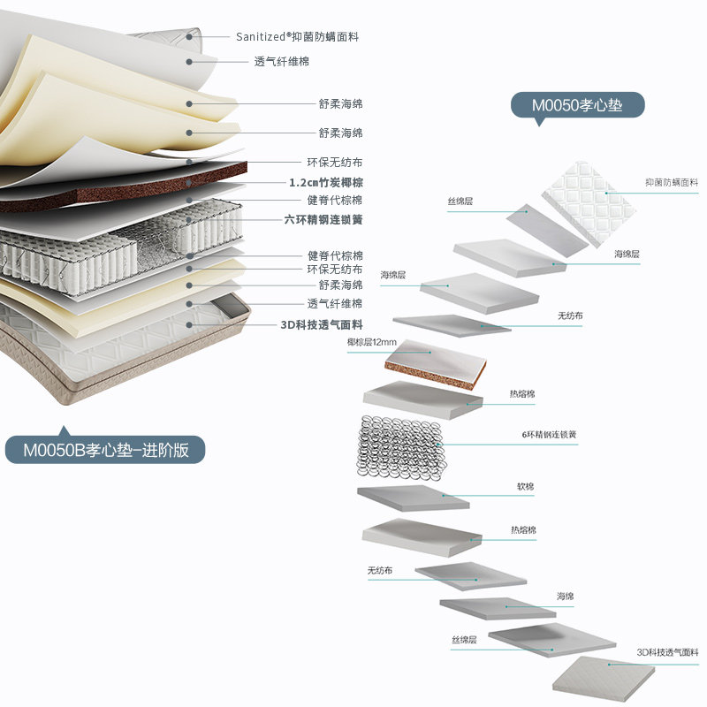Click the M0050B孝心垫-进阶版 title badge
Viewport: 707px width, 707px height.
(105, 449)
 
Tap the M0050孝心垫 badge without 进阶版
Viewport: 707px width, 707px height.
(577, 105)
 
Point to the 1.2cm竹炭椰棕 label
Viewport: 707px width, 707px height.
(325, 182)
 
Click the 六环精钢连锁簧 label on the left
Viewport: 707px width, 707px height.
(323, 219)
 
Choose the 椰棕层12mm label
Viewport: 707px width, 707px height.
(371, 342)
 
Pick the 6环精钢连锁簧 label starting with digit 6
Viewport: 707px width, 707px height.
(549, 435)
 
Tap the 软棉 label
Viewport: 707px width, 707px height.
(525, 486)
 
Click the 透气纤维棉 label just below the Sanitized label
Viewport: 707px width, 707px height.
(281, 61)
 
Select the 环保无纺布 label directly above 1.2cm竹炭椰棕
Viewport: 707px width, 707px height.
(334, 163)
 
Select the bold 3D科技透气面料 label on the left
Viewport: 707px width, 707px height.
(321, 324)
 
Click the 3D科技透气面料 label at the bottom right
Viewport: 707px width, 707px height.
(666, 652)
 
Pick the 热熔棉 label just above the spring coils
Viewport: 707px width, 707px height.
(522, 393)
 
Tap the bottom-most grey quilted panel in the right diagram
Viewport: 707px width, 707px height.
(604, 679)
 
